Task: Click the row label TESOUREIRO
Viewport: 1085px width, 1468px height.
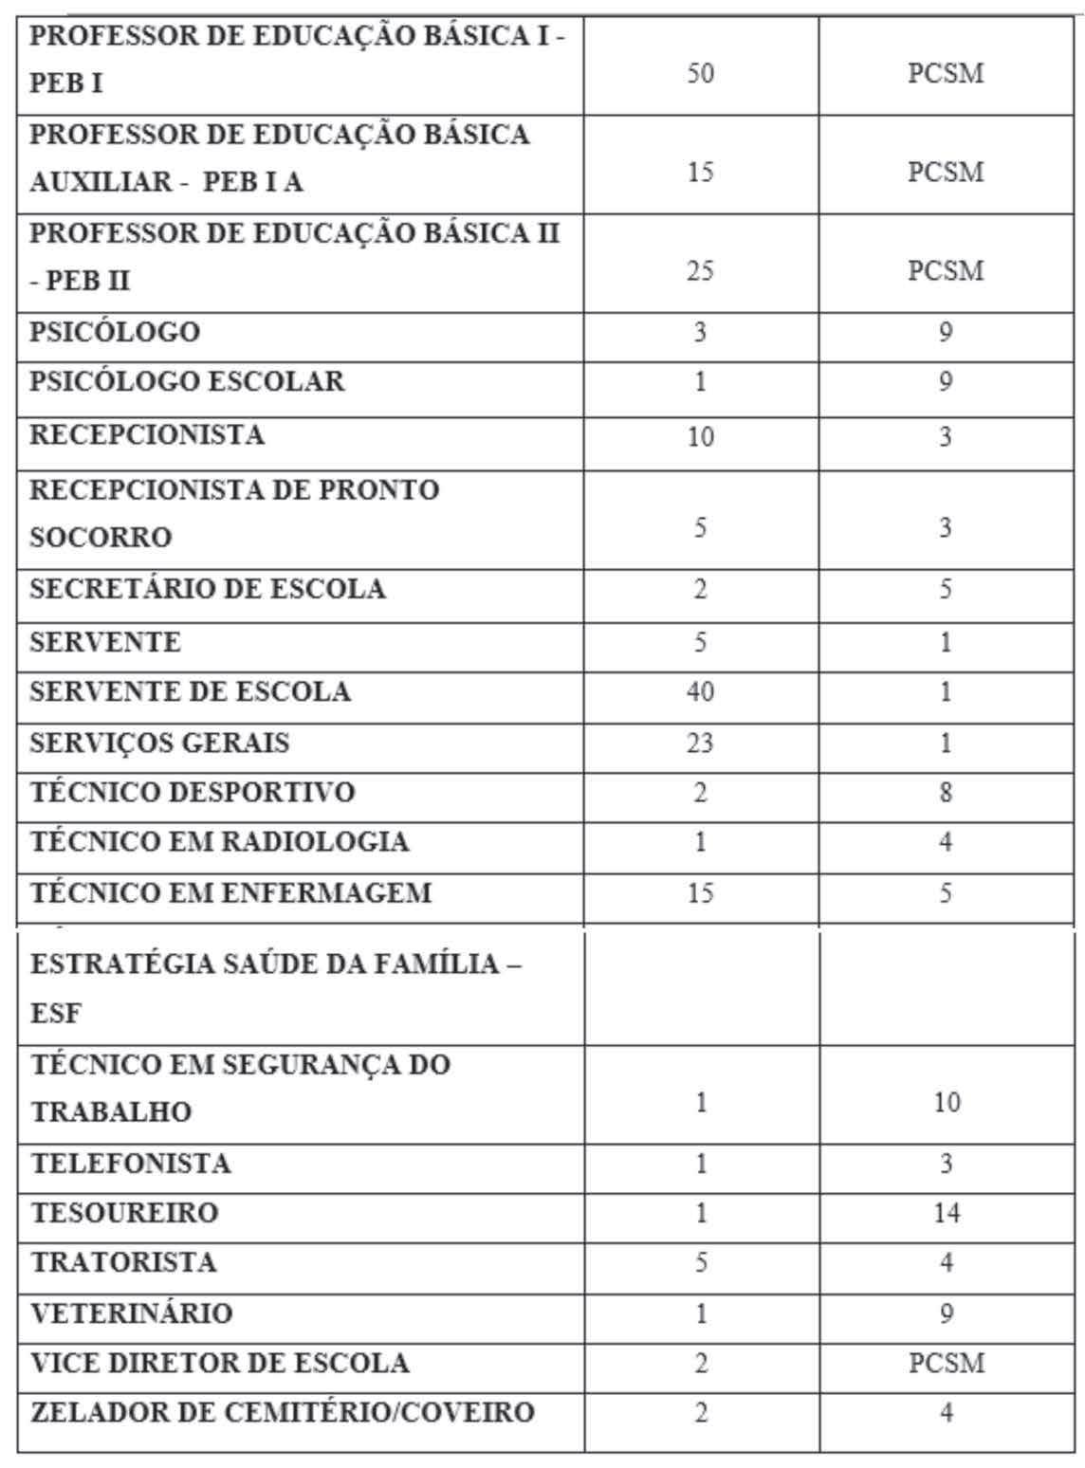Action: [124, 1213]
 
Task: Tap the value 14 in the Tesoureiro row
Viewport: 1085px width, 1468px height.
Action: [946, 1213]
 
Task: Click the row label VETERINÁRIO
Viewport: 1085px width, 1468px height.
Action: [132, 1313]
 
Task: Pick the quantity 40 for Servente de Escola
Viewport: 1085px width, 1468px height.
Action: [700, 692]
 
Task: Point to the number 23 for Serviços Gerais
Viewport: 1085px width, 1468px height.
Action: [700, 743]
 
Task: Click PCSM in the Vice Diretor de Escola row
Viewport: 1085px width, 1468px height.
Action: [946, 1364]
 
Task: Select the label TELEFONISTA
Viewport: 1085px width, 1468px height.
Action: [131, 1163]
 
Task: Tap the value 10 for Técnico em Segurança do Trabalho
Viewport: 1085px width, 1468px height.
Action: [946, 1102]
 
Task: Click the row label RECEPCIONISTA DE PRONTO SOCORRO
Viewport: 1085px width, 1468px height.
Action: [234, 513]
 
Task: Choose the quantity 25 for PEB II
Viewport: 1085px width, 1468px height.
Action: [700, 272]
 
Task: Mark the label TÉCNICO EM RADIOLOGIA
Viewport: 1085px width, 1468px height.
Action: [220, 842]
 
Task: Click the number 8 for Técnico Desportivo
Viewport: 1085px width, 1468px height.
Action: [946, 793]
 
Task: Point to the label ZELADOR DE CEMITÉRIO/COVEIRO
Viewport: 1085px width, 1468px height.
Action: [283, 1413]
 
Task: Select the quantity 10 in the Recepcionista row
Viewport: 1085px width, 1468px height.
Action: [700, 437]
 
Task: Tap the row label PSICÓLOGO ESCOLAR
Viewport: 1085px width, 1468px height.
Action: [188, 382]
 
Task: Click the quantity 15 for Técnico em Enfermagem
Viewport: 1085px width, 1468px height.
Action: [700, 893]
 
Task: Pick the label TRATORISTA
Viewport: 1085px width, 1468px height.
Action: [124, 1263]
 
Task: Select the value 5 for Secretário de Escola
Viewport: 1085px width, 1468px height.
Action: [946, 590]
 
